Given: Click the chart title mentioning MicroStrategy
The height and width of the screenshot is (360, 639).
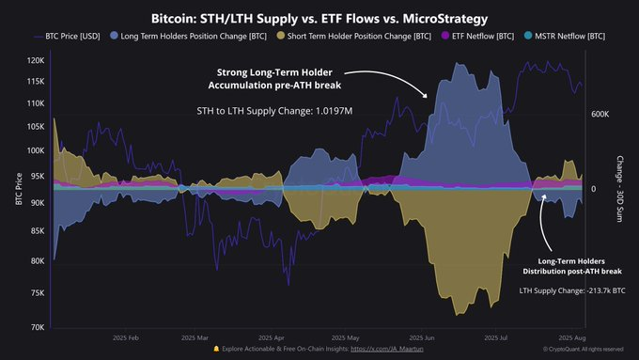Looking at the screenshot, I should pyautogui.click(x=319, y=18).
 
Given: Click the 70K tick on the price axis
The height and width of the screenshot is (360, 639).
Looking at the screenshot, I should pyautogui.click(x=35, y=327).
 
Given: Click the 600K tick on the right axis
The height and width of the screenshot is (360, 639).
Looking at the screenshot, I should pyautogui.click(x=601, y=114).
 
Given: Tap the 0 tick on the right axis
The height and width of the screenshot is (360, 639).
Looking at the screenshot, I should pyautogui.click(x=595, y=188).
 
